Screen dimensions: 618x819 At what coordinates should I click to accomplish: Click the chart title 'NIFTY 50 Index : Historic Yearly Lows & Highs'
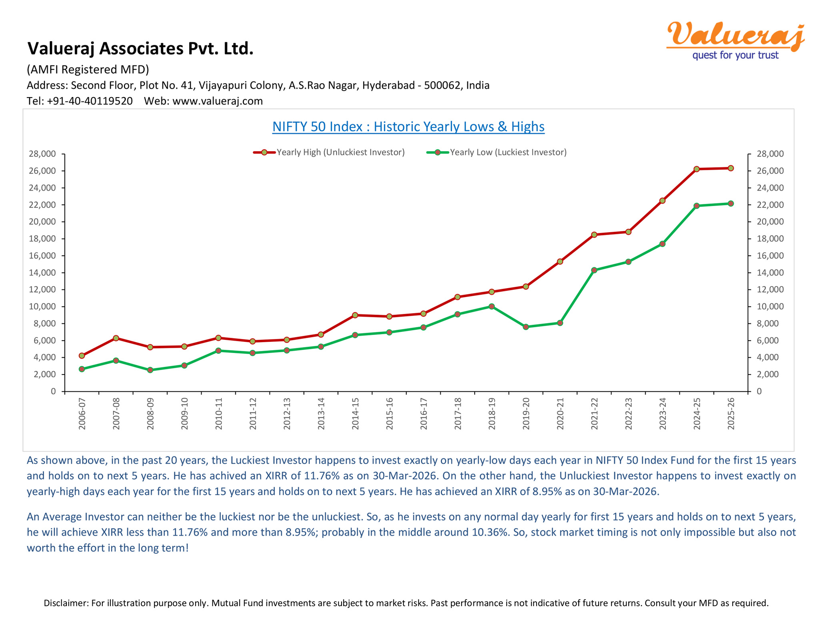pyautogui.click(x=408, y=127)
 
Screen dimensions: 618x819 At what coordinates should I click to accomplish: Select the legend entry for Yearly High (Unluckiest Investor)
pyautogui.click(x=329, y=152)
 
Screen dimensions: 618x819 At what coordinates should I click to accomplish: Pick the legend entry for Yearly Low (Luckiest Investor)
pyautogui.click(x=497, y=152)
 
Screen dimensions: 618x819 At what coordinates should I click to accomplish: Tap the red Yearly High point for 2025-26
pyautogui.click(x=731, y=168)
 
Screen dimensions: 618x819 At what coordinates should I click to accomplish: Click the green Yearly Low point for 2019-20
pyautogui.click(x=526, y=327)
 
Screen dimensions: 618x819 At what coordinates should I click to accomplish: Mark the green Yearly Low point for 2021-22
pyautogui.click(x=594, y=270)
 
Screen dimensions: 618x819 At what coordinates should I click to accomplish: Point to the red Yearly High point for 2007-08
pyautogui.click(x=116, y=338)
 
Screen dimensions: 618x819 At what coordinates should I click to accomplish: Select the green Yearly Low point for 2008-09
pyautogui.click(x=150, y=370)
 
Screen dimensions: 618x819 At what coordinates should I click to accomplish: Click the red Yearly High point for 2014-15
pyautogui.click(x=355, y=315)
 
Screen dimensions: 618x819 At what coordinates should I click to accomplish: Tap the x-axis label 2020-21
pyautogui.click(x=560, y=414)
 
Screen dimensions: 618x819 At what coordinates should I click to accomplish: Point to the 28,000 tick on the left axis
pyautogui.click(x=42, y=154)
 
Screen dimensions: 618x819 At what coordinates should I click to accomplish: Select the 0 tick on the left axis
pyautogui.click(x=53, y=391)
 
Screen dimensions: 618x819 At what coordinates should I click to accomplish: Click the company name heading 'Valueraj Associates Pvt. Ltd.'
pyautogui.click(x=140, y=48)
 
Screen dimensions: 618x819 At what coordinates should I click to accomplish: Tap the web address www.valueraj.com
pyautogui.click(x=218, y=101)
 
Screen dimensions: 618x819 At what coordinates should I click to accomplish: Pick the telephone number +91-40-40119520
pyautogui.click(x=90, y=101)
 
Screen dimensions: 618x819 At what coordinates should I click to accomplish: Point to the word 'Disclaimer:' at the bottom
pyautogui.click(x=66, y=603)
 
